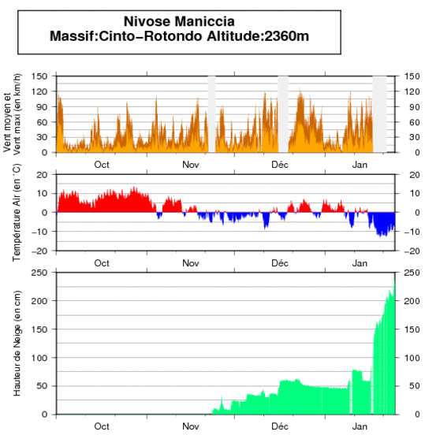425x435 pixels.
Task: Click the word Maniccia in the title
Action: click(x=208, y=22)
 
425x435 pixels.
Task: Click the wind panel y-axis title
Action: click(x=13, y=113)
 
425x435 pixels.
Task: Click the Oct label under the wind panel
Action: click(x=102, y=165)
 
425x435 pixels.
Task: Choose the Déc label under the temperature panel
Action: click(x=280, y=262)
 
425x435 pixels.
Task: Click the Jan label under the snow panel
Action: click(x=360, y=426)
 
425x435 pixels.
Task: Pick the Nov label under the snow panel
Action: click(x=190, y=426)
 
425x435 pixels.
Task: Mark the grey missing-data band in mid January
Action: click(x=379, y=113)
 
